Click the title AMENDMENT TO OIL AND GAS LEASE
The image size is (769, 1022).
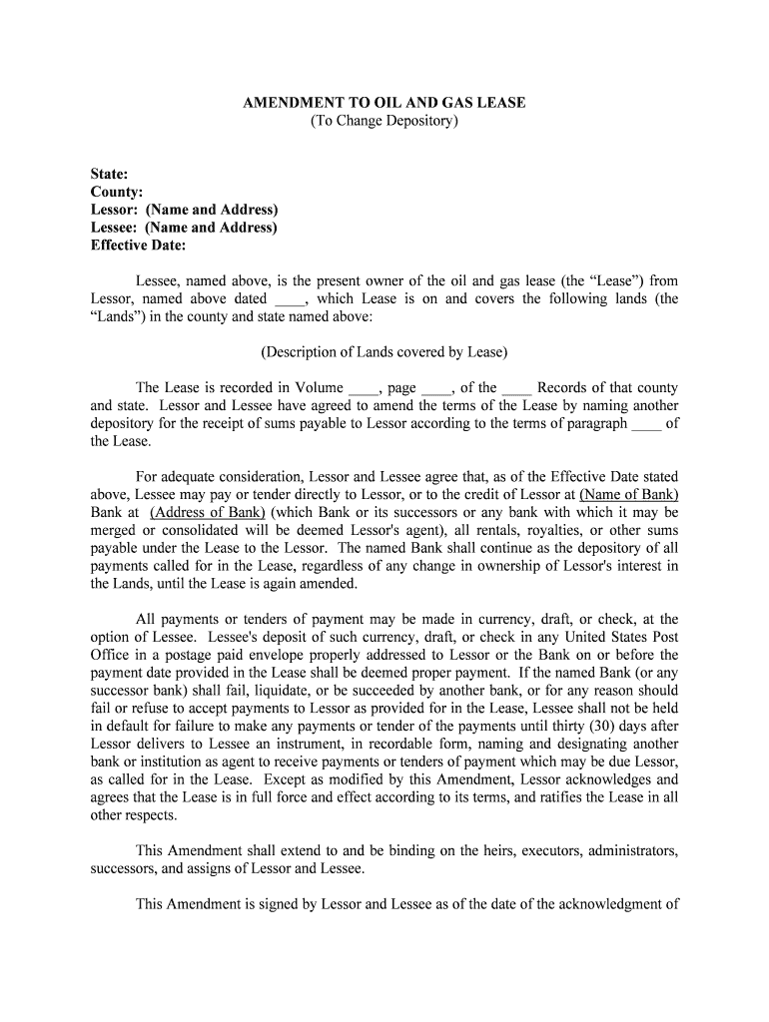click(384, 103)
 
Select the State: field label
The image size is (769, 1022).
click(109, 174)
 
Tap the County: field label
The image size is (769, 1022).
click(117, 192)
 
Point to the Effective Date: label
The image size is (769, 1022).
click(139, 246)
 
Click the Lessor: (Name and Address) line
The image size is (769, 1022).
click(185, 210)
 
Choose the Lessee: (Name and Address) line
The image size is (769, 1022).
click(184, 228)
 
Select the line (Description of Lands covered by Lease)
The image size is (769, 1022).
click(384, 351)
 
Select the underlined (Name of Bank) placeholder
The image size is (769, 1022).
click(629, 495)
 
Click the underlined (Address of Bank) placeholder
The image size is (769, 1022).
click(208, 513)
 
